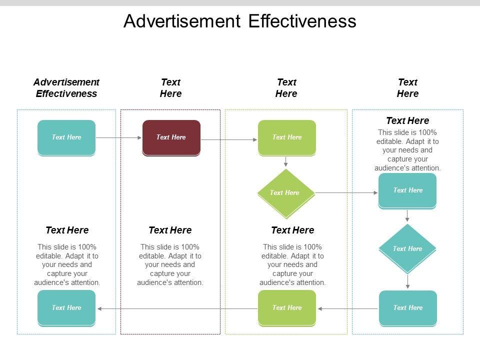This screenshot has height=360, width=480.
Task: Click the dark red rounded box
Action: click(171, 137)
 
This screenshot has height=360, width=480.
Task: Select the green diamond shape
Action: click(285, 193)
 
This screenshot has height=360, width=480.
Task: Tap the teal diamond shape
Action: click(407, 248)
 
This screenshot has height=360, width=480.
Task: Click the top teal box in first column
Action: click(66, 137)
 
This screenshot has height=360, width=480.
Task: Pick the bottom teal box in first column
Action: click(66, 308)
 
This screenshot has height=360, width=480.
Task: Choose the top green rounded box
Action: click(287, 137)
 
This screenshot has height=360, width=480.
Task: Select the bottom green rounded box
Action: click(287, 308)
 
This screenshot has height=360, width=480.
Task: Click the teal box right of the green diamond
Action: click(407, 190)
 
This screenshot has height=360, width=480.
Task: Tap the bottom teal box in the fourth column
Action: click(407, 308)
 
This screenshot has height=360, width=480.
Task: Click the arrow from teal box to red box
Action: click(118, 137)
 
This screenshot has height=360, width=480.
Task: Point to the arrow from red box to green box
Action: click(229, 139)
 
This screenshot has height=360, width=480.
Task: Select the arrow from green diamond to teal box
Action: click(346, 192)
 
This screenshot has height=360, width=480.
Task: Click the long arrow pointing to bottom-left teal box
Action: click(177, 308)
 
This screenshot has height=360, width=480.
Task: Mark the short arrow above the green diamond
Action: click(285, 162)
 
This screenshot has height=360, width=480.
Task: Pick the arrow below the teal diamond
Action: click(407, 282)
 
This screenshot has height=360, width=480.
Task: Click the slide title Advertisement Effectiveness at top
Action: click(239, 21)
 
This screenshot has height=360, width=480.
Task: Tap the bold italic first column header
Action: click(66, 87)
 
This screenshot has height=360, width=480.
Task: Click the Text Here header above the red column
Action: click(170, 87)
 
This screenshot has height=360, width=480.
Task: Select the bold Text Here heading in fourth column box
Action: click(407, 120)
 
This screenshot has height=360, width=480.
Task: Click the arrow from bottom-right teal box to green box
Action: click(348, 308)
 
